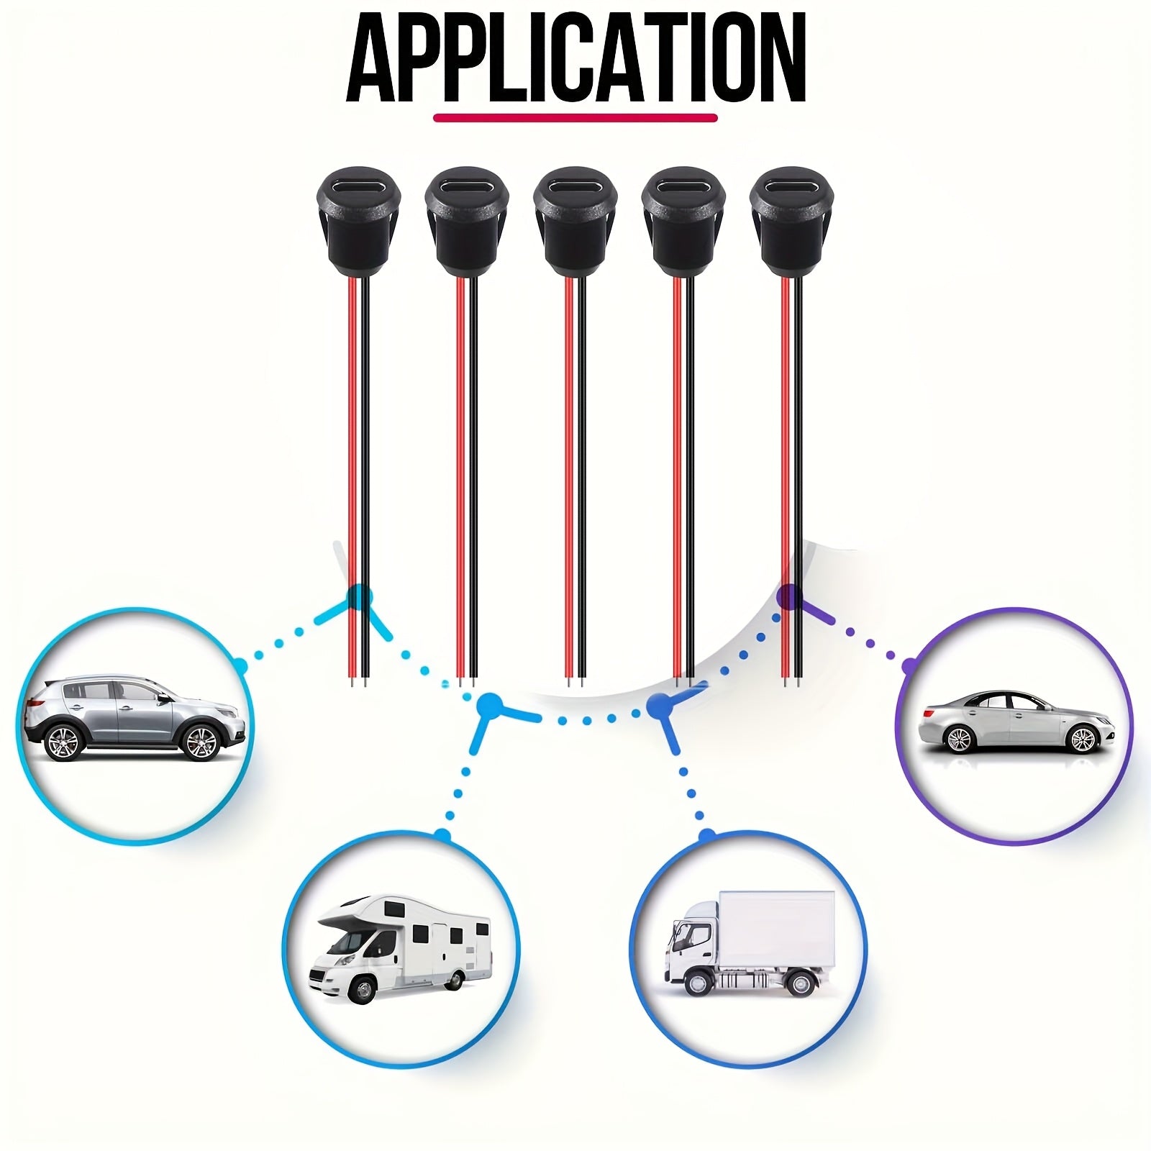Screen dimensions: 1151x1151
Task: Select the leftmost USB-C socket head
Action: [359, 216]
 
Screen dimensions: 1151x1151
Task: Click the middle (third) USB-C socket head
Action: [575, 216]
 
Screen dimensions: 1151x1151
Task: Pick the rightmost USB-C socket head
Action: [791, 216]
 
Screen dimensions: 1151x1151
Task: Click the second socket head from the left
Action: [467, 216]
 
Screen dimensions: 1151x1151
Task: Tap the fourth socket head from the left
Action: [683, 216]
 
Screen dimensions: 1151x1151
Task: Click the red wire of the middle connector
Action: [568, 468]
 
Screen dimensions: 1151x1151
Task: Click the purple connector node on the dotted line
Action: [791, 596]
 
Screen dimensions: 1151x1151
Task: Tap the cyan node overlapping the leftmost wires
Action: [359, 596]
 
